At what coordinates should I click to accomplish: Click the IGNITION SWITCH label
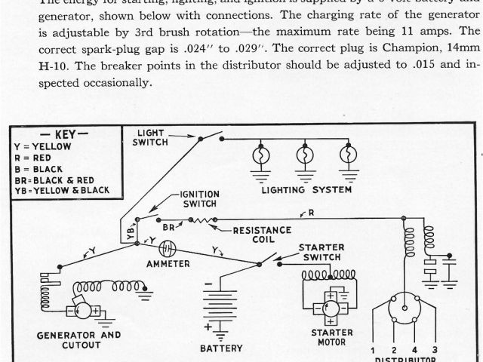tap(198, 199)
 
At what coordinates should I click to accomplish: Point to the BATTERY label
tap(221, 348)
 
